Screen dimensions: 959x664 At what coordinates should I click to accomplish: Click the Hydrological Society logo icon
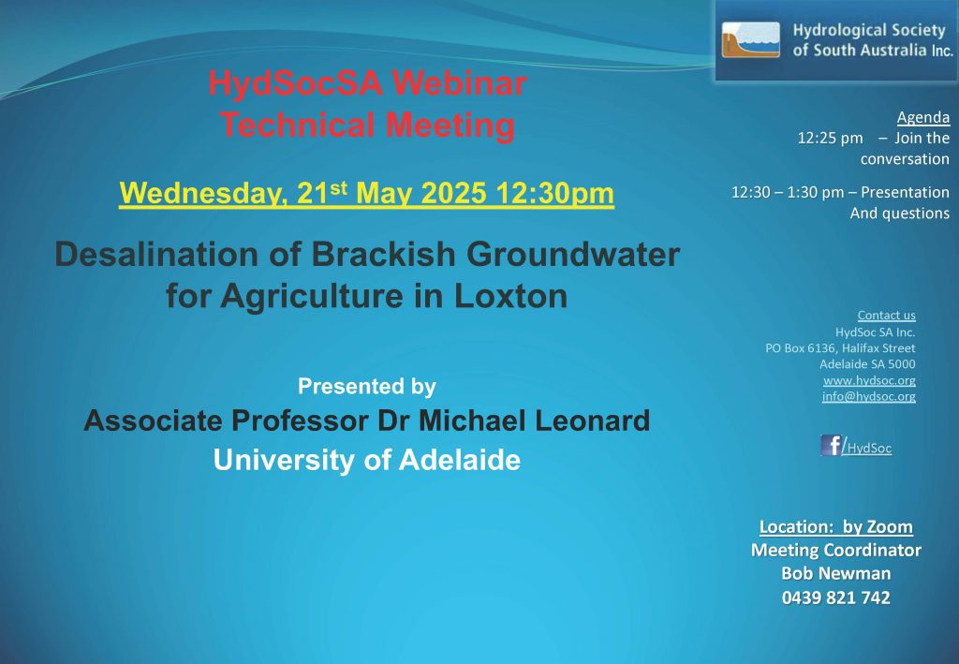[750, 40]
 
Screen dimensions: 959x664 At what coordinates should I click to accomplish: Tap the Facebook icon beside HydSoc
[832, 445]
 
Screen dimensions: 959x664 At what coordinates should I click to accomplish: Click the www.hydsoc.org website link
[869, 380]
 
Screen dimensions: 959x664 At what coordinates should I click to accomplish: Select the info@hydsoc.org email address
[868, 396]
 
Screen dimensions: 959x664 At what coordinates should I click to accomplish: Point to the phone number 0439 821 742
[836, 598]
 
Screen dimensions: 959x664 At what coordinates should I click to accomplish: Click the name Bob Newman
[836, 573]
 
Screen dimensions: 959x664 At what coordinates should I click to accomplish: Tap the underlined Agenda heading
[922, 117]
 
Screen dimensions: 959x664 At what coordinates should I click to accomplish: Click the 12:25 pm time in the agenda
[830, 139]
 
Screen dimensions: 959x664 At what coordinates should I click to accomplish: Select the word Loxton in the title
[510, 296]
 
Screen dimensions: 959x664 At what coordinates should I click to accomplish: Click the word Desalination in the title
[156, 255]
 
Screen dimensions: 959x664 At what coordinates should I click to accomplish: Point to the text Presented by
[367, 387]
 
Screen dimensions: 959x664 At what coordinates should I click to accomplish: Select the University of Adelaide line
[367, 461]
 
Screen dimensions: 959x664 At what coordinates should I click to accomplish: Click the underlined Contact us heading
[886, 316]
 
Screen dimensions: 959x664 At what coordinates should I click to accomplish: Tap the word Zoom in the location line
[890, 527]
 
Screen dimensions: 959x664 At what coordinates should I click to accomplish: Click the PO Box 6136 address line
[840, 348]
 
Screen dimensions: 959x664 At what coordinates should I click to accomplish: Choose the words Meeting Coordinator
[836, 551]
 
